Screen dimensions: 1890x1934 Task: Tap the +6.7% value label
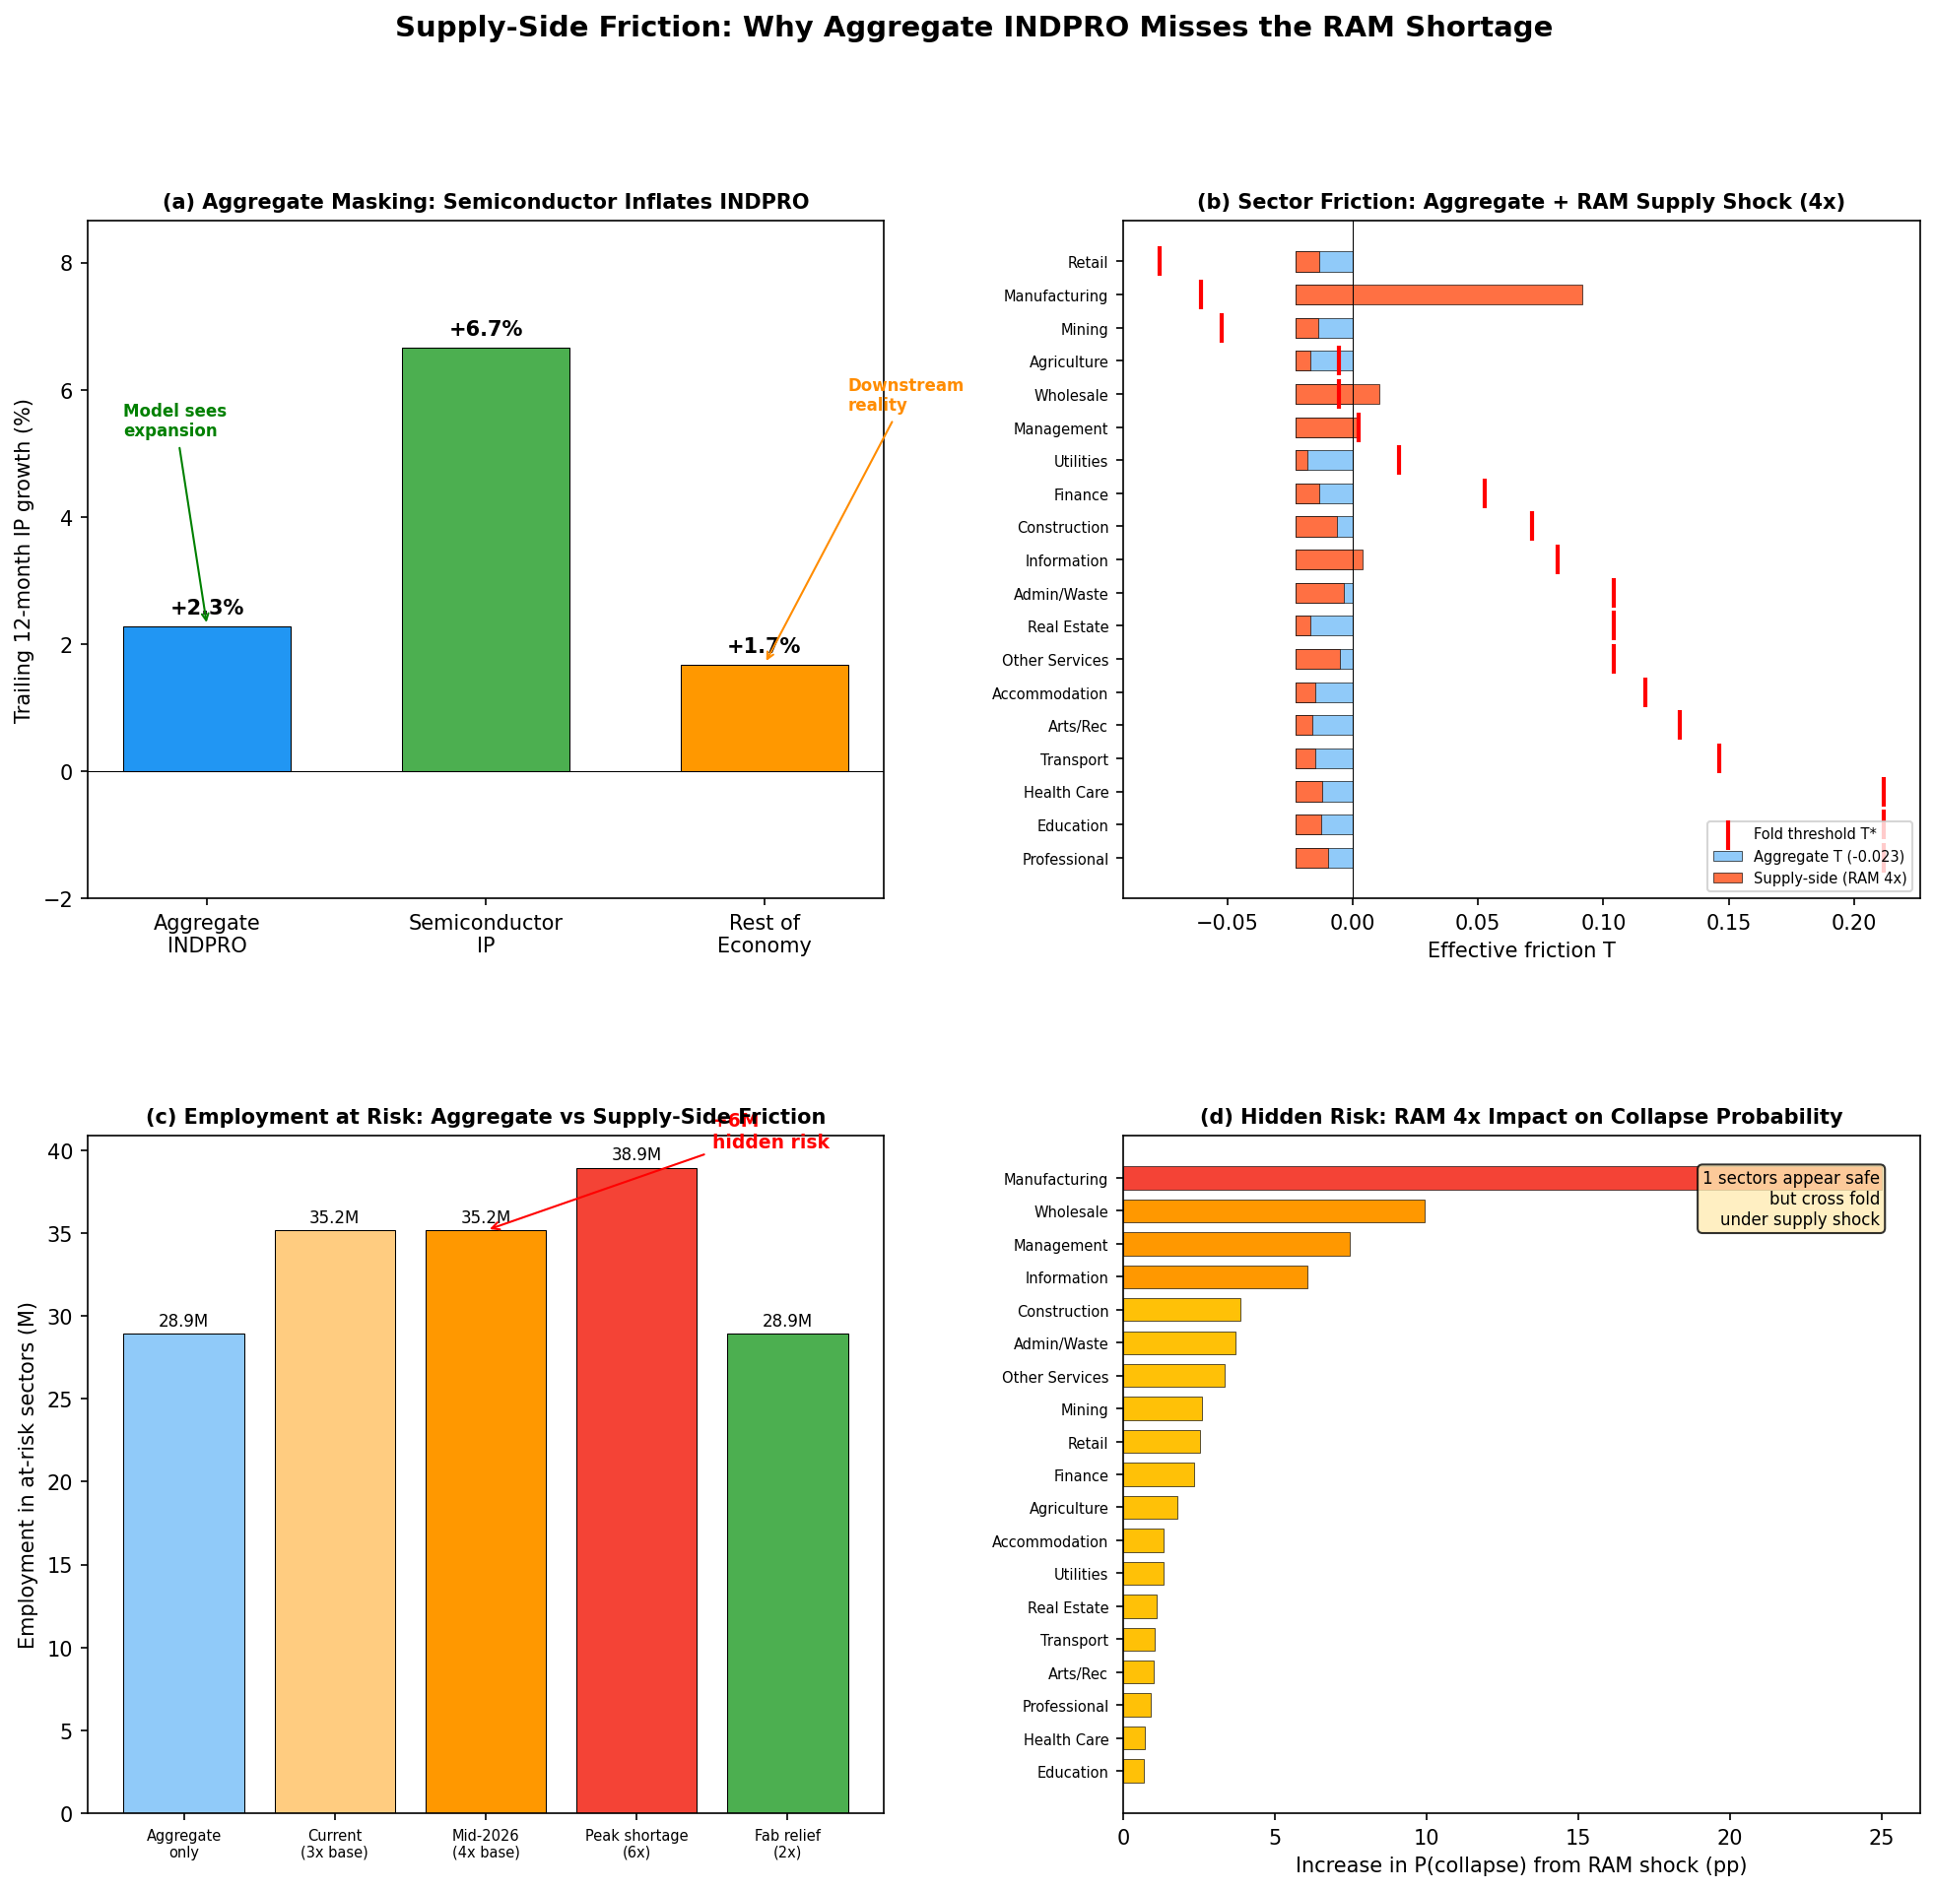(x=486, y=329)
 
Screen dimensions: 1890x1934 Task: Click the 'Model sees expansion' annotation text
(x=174, y=421)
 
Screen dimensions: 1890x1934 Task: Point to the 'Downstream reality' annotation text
(x=904, y=395)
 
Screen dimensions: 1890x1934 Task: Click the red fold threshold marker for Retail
(x=1159, y=261)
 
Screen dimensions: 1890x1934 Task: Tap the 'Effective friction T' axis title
(x=1520, y=951)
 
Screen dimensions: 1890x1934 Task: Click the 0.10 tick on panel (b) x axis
(x=1602, y=921)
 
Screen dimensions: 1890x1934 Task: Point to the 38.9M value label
(x=635, y=1154)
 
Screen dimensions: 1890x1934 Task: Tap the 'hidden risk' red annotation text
(x=770, y=1142)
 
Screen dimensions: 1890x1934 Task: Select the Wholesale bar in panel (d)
(x=1273, y=1211)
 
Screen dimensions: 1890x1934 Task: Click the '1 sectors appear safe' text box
(x=1790, y=1199)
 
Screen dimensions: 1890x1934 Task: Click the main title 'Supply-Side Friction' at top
(x=973, y=28)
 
